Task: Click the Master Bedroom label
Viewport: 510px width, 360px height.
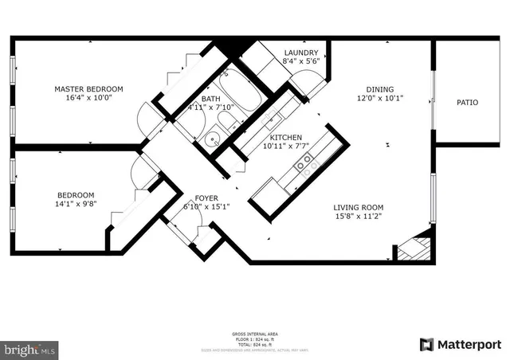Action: tap(88, 88)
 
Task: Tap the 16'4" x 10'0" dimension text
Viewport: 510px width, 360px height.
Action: tap(88, 98)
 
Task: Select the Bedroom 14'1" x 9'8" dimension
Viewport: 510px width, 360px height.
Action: tap(76, 205)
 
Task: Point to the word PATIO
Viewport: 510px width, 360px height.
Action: tap(468, 102)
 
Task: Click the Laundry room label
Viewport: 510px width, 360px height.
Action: tap(301, 53)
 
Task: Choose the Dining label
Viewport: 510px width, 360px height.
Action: tap(379, 89)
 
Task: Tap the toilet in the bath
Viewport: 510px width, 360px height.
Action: tap(229, 122)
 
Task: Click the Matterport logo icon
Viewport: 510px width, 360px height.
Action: tap(427, 344)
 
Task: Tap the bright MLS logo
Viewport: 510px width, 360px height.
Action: tap(30, 349)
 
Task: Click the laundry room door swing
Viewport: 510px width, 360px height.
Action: tap(306, 83)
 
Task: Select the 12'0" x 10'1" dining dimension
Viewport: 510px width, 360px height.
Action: tap(379, 99)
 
